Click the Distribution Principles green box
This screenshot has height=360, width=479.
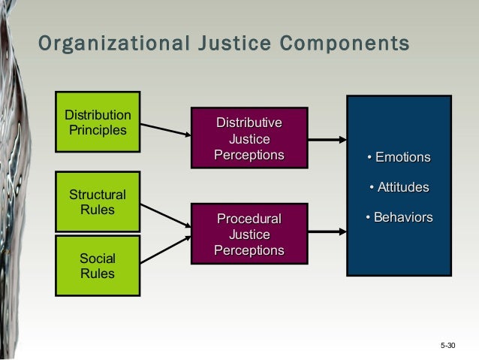click(x=98, y=123)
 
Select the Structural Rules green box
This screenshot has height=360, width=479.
click(x=98, y=202)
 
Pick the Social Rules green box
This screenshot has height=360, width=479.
click(x=98, y=266)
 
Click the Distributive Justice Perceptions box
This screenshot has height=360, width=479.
click(x=249, y=138)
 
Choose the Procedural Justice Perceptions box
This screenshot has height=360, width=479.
click(x=249, y=234)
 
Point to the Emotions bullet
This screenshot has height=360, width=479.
click(x=399, y=157)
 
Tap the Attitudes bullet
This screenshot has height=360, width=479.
click(x=399, y=186)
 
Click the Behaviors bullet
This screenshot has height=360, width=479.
click(x=399, y=217)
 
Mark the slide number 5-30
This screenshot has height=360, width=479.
click(x=448, y=346)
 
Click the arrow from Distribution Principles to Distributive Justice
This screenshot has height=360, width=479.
click(x=166, y=129)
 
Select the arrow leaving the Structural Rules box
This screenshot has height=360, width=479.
click(x=166, y=214)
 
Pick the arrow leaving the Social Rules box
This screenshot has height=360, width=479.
click(x=166, y=249)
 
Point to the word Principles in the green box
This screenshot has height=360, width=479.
click(x=98, y=130)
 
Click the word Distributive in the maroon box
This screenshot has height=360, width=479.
click(x=249, y=123)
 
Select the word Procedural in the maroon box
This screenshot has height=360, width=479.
click(x=249, y=219)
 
